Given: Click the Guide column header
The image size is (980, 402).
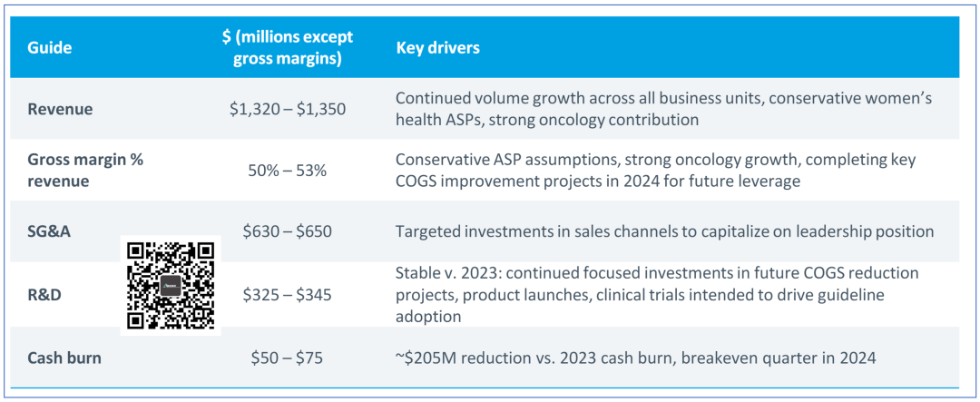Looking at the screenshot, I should click(x=49, y=47).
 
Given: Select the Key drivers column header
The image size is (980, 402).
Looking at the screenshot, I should click(x=438, y=47).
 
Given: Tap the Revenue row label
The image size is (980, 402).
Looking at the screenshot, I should click(x=60, y=109).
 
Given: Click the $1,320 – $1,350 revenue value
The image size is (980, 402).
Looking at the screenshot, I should click(x=288, y=109).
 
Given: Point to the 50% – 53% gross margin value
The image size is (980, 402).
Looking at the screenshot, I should click(x=288, y=170).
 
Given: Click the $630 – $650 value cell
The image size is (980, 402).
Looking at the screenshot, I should click(x=288, y=231).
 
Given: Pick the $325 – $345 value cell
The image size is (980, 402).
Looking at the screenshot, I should click(x=288, y=294).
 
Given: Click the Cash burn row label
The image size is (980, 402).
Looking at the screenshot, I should click(x=64, y=358).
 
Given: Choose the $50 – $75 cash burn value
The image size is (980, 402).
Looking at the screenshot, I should click(x=288, y=358).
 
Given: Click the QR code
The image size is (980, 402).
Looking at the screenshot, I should click(x=171, y=286).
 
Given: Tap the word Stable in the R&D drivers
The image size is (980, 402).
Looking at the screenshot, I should click(x=418, y=272).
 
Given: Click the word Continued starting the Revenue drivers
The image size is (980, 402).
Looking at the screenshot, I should click(x=432, y=98).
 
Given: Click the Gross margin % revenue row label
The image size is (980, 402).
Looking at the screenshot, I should click(x=85, y=170).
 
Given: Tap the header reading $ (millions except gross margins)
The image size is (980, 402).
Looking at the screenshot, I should click(x=288, y=47).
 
